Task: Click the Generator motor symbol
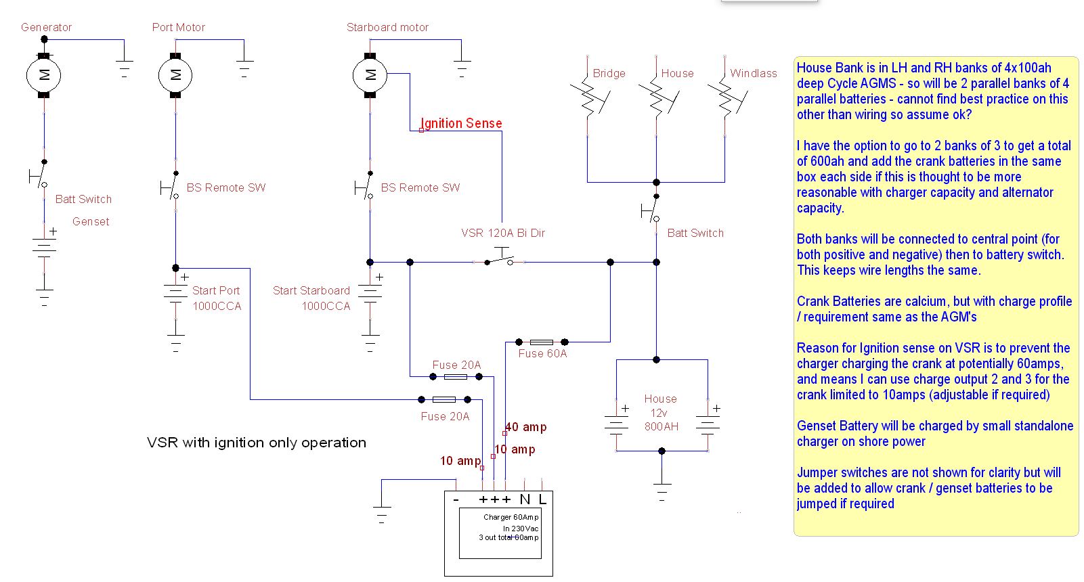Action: (43, 75)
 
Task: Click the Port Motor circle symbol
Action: (175, 75)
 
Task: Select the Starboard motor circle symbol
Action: (370, 75)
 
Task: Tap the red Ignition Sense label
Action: (461, 123)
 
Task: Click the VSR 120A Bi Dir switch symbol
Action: (500, 258)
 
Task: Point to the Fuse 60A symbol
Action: (542, 342)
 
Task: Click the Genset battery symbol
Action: (44, 248)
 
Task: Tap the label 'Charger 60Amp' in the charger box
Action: (511, 517)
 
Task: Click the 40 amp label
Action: (526, 427)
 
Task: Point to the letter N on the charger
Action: (525, 499)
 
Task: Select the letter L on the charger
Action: (542, 499)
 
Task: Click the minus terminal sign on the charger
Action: (456, 499)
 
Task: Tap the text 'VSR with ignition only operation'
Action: (257, 443)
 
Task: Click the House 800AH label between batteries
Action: (661, 413)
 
